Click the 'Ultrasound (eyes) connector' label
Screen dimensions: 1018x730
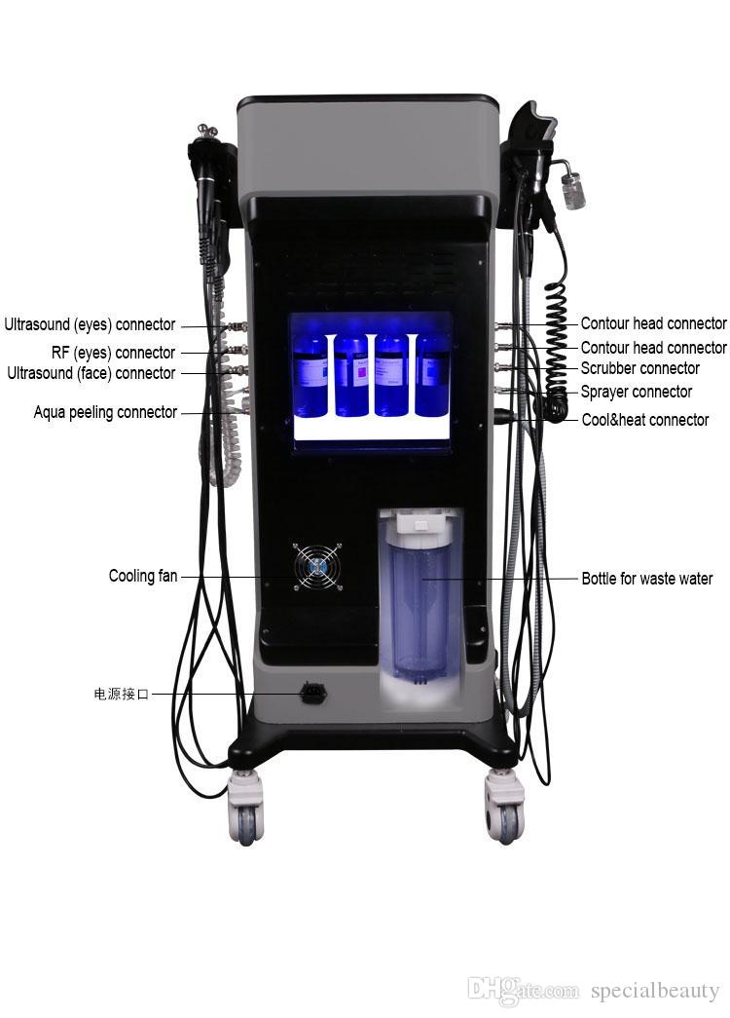point(90,325)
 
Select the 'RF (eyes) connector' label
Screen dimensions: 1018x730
point(113,353)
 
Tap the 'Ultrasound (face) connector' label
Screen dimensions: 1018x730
point(91,373)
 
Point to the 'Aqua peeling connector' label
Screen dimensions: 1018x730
point(105,412)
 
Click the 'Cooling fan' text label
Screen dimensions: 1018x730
point(143,576)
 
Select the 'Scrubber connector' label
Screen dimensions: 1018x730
point(639,368)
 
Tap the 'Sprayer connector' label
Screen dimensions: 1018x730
point(636,392)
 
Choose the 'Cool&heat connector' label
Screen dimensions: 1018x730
point(644,420)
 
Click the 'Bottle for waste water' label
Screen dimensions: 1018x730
point(646,579)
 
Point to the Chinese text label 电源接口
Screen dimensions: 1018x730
point(122,695)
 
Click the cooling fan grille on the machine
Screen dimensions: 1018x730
point(319,566)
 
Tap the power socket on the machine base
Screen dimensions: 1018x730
point(313,694)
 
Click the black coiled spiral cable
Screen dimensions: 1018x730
point(556,341)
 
